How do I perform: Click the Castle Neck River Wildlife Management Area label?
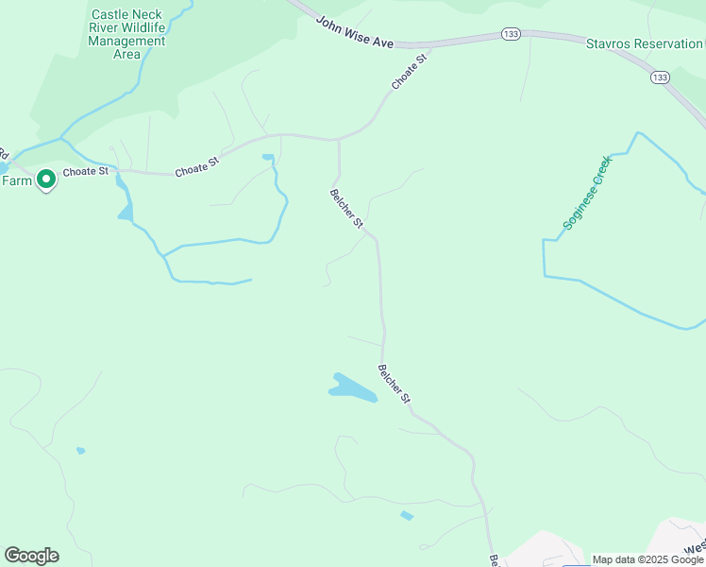click(127, 34)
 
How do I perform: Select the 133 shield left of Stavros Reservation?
click(511, 35)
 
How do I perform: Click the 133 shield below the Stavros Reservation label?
click(660, 77)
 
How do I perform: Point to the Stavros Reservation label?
click(645, 43)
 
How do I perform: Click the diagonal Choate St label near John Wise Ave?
click(410, 73)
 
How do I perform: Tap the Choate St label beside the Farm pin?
click(86, 173)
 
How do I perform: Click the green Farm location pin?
click(44, 180)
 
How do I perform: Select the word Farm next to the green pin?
click(15, 180)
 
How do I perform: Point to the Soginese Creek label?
click(588, 193)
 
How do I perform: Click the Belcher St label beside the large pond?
click(395, 385)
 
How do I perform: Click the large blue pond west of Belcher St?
click(351, 387)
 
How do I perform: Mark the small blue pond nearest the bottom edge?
click(407, 516)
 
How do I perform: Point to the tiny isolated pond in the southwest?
click(80, 451)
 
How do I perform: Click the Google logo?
click(31, 556)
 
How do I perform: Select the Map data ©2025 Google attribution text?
click(647, 559)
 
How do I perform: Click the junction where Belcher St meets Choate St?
click(338, 140)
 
